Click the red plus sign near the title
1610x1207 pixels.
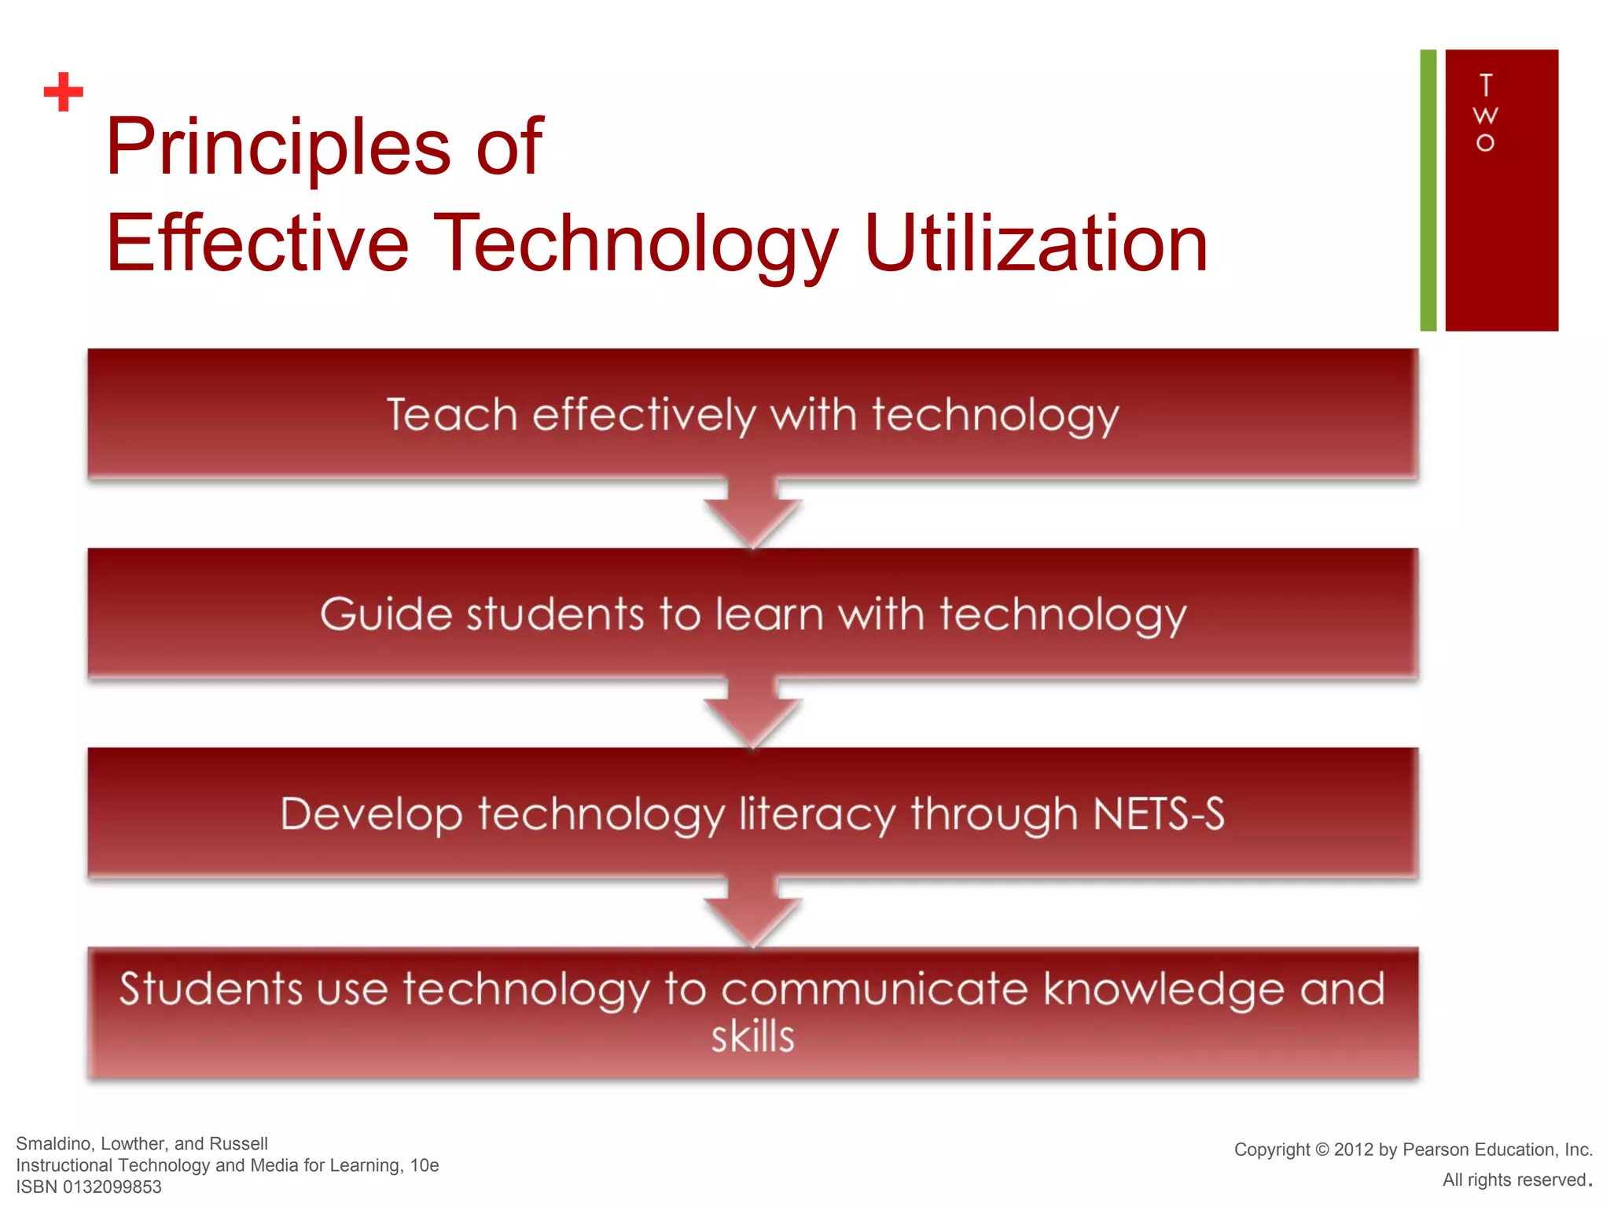point(63,92)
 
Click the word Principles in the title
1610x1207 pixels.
point(278,147)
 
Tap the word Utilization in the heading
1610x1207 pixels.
point(1035,244)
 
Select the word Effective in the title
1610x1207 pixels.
point(258,244)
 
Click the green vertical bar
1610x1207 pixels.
point(1428,190)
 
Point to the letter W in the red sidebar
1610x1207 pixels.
point(1485,116)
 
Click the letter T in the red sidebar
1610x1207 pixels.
point(1485,85)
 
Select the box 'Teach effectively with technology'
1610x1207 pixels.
point(752,414)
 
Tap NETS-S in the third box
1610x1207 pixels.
point(1159,814)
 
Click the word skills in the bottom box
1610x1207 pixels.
point(752,1037)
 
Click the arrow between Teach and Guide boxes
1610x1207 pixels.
point(752,515)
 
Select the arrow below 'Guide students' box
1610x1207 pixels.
point(752,714)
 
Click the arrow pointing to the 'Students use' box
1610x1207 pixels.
point(752,914)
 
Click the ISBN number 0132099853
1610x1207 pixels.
point(112,1187)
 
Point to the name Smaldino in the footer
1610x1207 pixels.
point(54,1144)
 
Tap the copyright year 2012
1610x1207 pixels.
point(1353,1150)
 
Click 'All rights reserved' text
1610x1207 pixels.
point(1514,1180)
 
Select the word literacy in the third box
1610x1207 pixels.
point(817,814)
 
